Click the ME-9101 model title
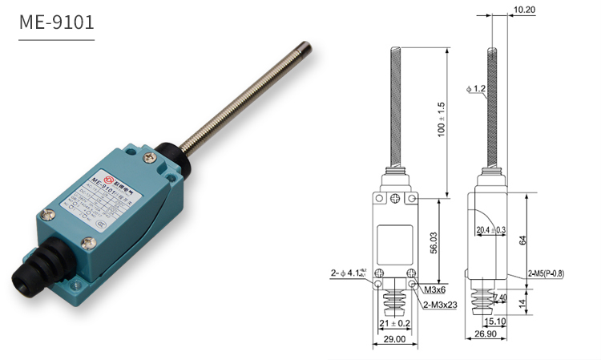(x=56, y=23)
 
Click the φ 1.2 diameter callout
(x=474, y=89)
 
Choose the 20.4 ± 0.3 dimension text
(x=490, y=231)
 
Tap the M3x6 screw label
(x=435, y=289)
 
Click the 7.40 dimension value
(x=499, y=297)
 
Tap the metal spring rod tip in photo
(x=309, y=49)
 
